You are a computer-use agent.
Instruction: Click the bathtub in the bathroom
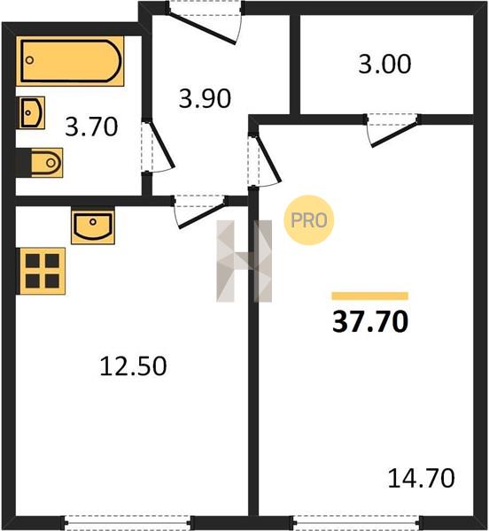tap(70, 61)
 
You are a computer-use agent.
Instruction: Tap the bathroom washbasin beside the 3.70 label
tap(32, 112)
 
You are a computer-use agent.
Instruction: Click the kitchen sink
tap(93, 225)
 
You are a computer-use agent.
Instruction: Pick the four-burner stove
tap(42, 271)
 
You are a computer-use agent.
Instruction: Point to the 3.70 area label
tap(91, 127)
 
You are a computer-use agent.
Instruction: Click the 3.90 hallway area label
tap(205, 98)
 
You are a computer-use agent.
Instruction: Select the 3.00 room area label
tap(384, 64)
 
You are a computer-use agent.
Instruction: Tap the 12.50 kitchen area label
tap(133, 366)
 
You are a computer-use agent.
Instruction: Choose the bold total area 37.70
tap(370, 322)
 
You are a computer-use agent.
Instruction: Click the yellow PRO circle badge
tap(308, 220)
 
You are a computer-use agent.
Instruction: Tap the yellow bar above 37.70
tap(370, 296)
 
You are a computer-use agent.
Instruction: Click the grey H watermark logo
tap(244, 261)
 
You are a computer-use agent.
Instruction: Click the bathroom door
tap(158, 146)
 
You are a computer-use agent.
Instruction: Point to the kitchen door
tap(200, 212)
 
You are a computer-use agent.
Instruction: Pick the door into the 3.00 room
tap(393, 131)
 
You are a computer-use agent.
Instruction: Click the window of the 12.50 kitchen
tap(127, 523)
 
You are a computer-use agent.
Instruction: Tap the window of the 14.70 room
tap(356, 523)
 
